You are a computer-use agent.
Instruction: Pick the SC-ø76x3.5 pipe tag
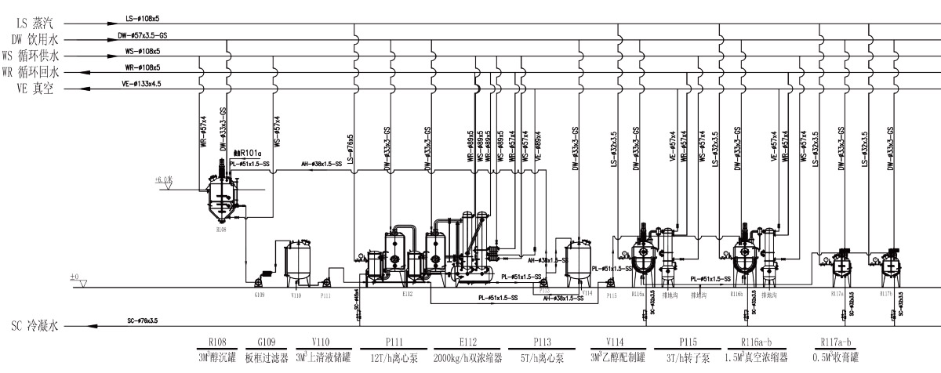tap(143, 321)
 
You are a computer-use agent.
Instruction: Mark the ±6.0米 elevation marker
tap(164, 179)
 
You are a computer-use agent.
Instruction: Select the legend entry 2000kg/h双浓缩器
tap(470, 358)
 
